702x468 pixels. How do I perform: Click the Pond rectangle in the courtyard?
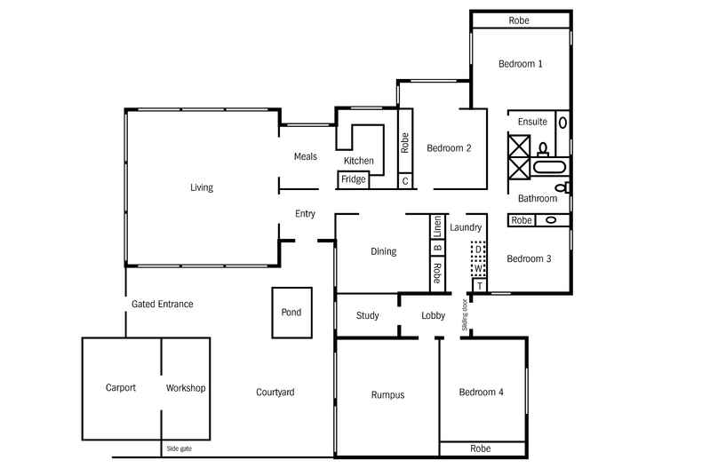[291, 313]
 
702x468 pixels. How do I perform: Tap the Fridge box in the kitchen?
[353, 180]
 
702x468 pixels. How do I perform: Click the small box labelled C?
[405, 181]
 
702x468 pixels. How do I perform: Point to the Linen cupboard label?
[437, 226]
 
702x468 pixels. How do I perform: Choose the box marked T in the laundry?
[480, 285]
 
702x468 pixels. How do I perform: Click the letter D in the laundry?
[478, 250]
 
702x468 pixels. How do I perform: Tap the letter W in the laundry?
[478, 267]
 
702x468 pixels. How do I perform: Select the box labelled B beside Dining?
[437, 248]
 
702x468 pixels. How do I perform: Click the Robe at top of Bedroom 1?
[520, 20]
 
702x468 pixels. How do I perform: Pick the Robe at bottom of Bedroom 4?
[481, 448]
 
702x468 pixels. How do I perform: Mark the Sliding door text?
[464, 314]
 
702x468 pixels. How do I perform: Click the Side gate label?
[179, 448]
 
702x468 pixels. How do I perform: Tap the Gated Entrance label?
[162, 304]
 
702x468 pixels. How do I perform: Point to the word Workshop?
[186, 388]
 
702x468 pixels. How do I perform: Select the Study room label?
[368, 315]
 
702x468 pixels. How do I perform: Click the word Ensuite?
[531, 122]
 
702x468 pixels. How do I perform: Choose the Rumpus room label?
[387, 395]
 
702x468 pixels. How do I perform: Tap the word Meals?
[306, 156]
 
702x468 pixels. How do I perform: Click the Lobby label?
[433, 315]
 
